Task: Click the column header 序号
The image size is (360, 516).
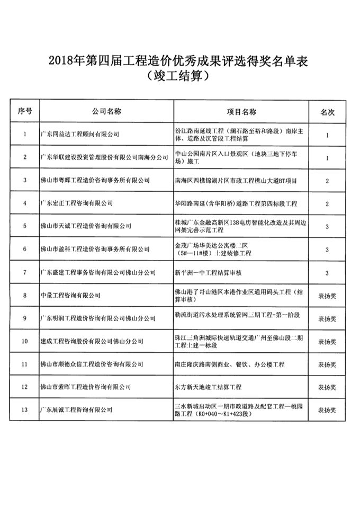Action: (x=25, y=112)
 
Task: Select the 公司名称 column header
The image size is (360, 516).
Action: (x=106, y=112)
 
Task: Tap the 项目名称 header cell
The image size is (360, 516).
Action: (x=241, y=112)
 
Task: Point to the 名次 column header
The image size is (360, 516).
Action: (x=327, y=112)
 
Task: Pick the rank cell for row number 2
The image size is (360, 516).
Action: (x=327, y=158)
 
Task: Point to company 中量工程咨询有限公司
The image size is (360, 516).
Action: (x=70, y=295)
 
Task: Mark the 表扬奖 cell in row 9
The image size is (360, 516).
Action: (x=327, y=318)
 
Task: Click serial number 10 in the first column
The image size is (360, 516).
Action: (x=25, y=341)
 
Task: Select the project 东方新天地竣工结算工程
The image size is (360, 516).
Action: (x=208, y=387)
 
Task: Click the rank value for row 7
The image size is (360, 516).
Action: (x=327, y=272)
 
